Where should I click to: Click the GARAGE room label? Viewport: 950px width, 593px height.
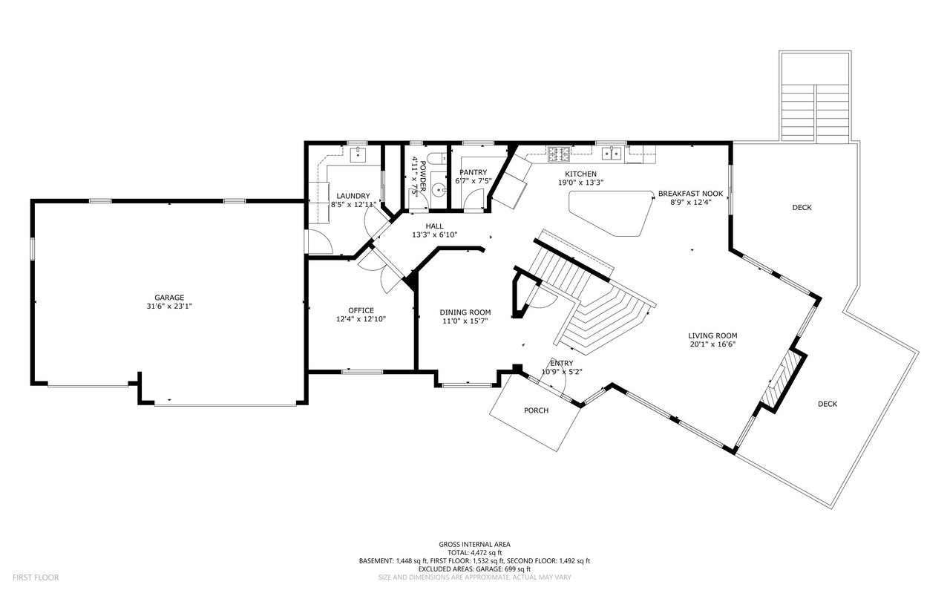pos(169,297)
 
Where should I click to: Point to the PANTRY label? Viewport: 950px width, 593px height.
pos(473,172)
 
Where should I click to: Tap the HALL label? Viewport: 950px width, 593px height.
pos(434,226)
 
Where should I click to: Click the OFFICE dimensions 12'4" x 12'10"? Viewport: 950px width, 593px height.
pos(361,319)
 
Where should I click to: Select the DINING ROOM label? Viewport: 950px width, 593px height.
pos(465,312)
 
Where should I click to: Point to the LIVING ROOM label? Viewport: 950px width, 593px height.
pos(712,335)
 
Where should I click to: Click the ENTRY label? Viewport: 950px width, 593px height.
pos(561,363)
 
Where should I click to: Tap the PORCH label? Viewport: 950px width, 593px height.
pos(536,410)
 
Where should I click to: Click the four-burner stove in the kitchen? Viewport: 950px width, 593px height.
pos(558,154)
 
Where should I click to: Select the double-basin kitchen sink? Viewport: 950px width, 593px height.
pos(612,154)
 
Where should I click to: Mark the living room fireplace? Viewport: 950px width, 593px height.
pos(783,381)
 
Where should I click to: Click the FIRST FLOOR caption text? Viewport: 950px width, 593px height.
pos(36,577)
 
